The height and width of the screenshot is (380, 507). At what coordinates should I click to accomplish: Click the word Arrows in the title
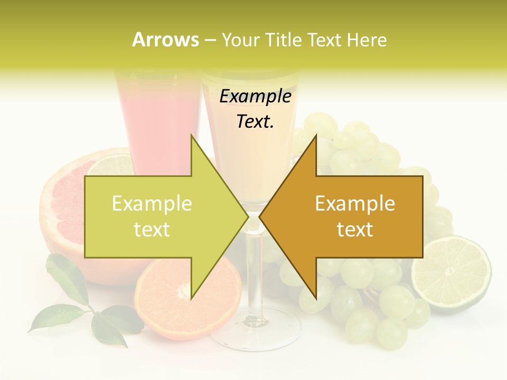click(165, 40)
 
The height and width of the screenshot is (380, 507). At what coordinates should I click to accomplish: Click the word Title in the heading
click(283, 40)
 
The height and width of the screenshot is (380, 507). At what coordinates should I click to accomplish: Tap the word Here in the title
click(367, 40)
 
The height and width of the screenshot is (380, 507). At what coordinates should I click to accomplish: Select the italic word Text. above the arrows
click(255, 122)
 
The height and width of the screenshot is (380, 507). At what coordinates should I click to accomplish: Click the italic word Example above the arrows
click(255, 97)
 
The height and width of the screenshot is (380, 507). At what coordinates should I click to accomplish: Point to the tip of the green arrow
click(248, 216)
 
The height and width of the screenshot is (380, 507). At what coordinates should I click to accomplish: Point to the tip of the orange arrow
click(260, 216)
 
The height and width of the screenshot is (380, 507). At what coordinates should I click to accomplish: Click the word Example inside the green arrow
click(152, 204)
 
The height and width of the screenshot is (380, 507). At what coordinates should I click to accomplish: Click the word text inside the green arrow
click(152, 230)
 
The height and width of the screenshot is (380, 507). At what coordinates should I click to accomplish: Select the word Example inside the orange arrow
click(355, 204)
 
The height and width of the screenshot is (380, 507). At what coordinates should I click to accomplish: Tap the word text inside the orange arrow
click(355, 230)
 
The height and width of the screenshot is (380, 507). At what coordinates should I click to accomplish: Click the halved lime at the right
click(452, 273)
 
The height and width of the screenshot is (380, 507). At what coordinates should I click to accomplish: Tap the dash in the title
click(210, 40)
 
